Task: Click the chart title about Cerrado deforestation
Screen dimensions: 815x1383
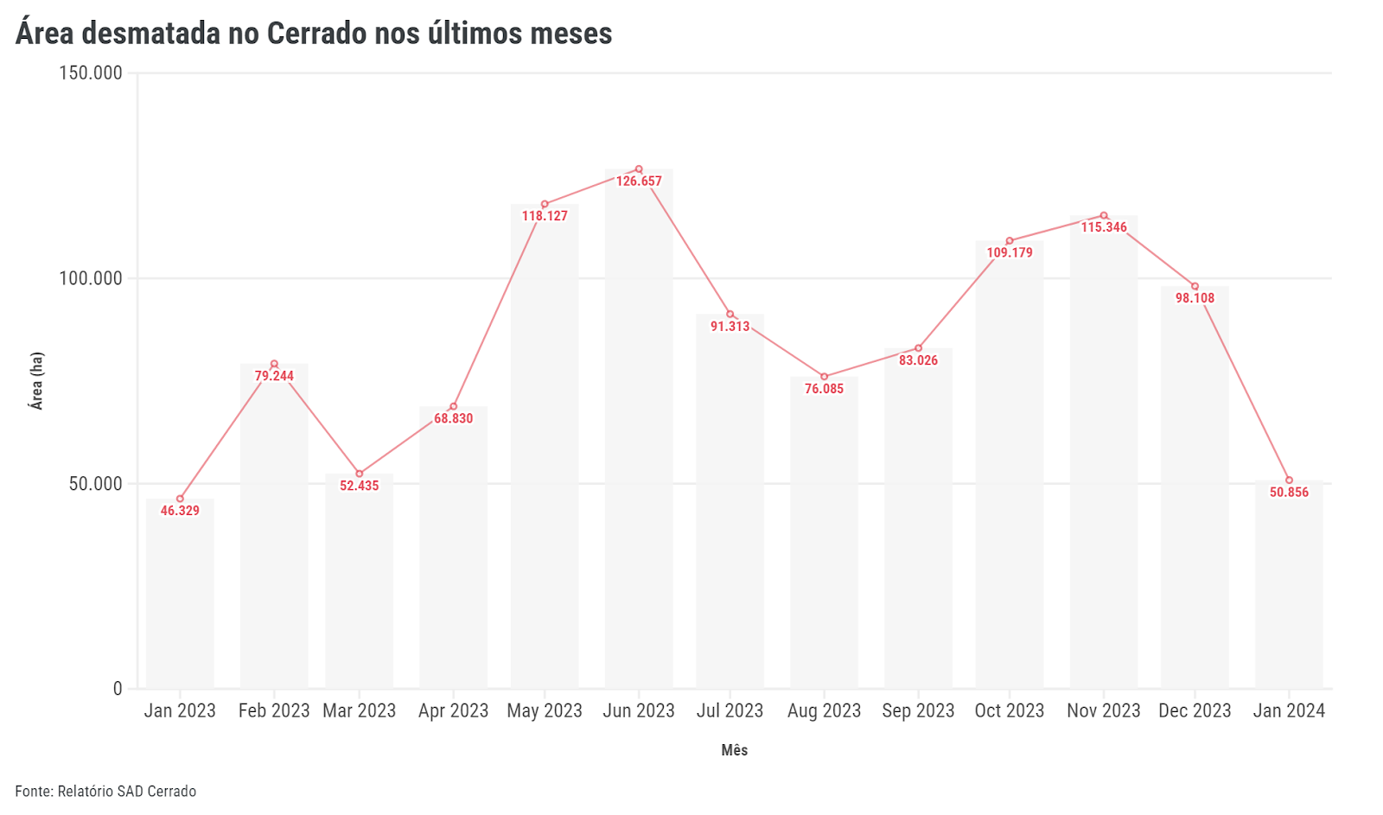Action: coord(314,34)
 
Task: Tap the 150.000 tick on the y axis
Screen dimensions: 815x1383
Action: coord(91,73)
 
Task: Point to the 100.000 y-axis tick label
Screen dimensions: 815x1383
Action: coord(91,278)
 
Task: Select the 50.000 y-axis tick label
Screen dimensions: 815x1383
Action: coord(95,484)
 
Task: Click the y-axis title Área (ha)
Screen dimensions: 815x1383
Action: coord(36,380)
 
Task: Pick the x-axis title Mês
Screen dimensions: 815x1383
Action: coord(734,750)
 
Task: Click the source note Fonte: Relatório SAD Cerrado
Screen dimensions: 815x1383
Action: coord(105,792)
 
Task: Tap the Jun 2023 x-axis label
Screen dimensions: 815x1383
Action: coord(639,710)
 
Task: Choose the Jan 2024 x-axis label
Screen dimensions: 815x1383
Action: coord(1289,710)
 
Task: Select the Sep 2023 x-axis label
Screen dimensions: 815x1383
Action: coord(918,710)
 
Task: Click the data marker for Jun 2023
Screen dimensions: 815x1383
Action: coord(639,169)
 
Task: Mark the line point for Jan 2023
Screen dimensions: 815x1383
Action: coord(180,499)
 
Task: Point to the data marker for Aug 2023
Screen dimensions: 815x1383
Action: coord(824,377)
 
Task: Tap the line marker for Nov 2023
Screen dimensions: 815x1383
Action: coord(1104,216)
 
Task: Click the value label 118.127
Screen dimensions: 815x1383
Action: coord(545,216)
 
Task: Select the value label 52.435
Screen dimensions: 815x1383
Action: coord(359,486)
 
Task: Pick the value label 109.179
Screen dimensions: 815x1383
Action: coord(1010,252)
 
